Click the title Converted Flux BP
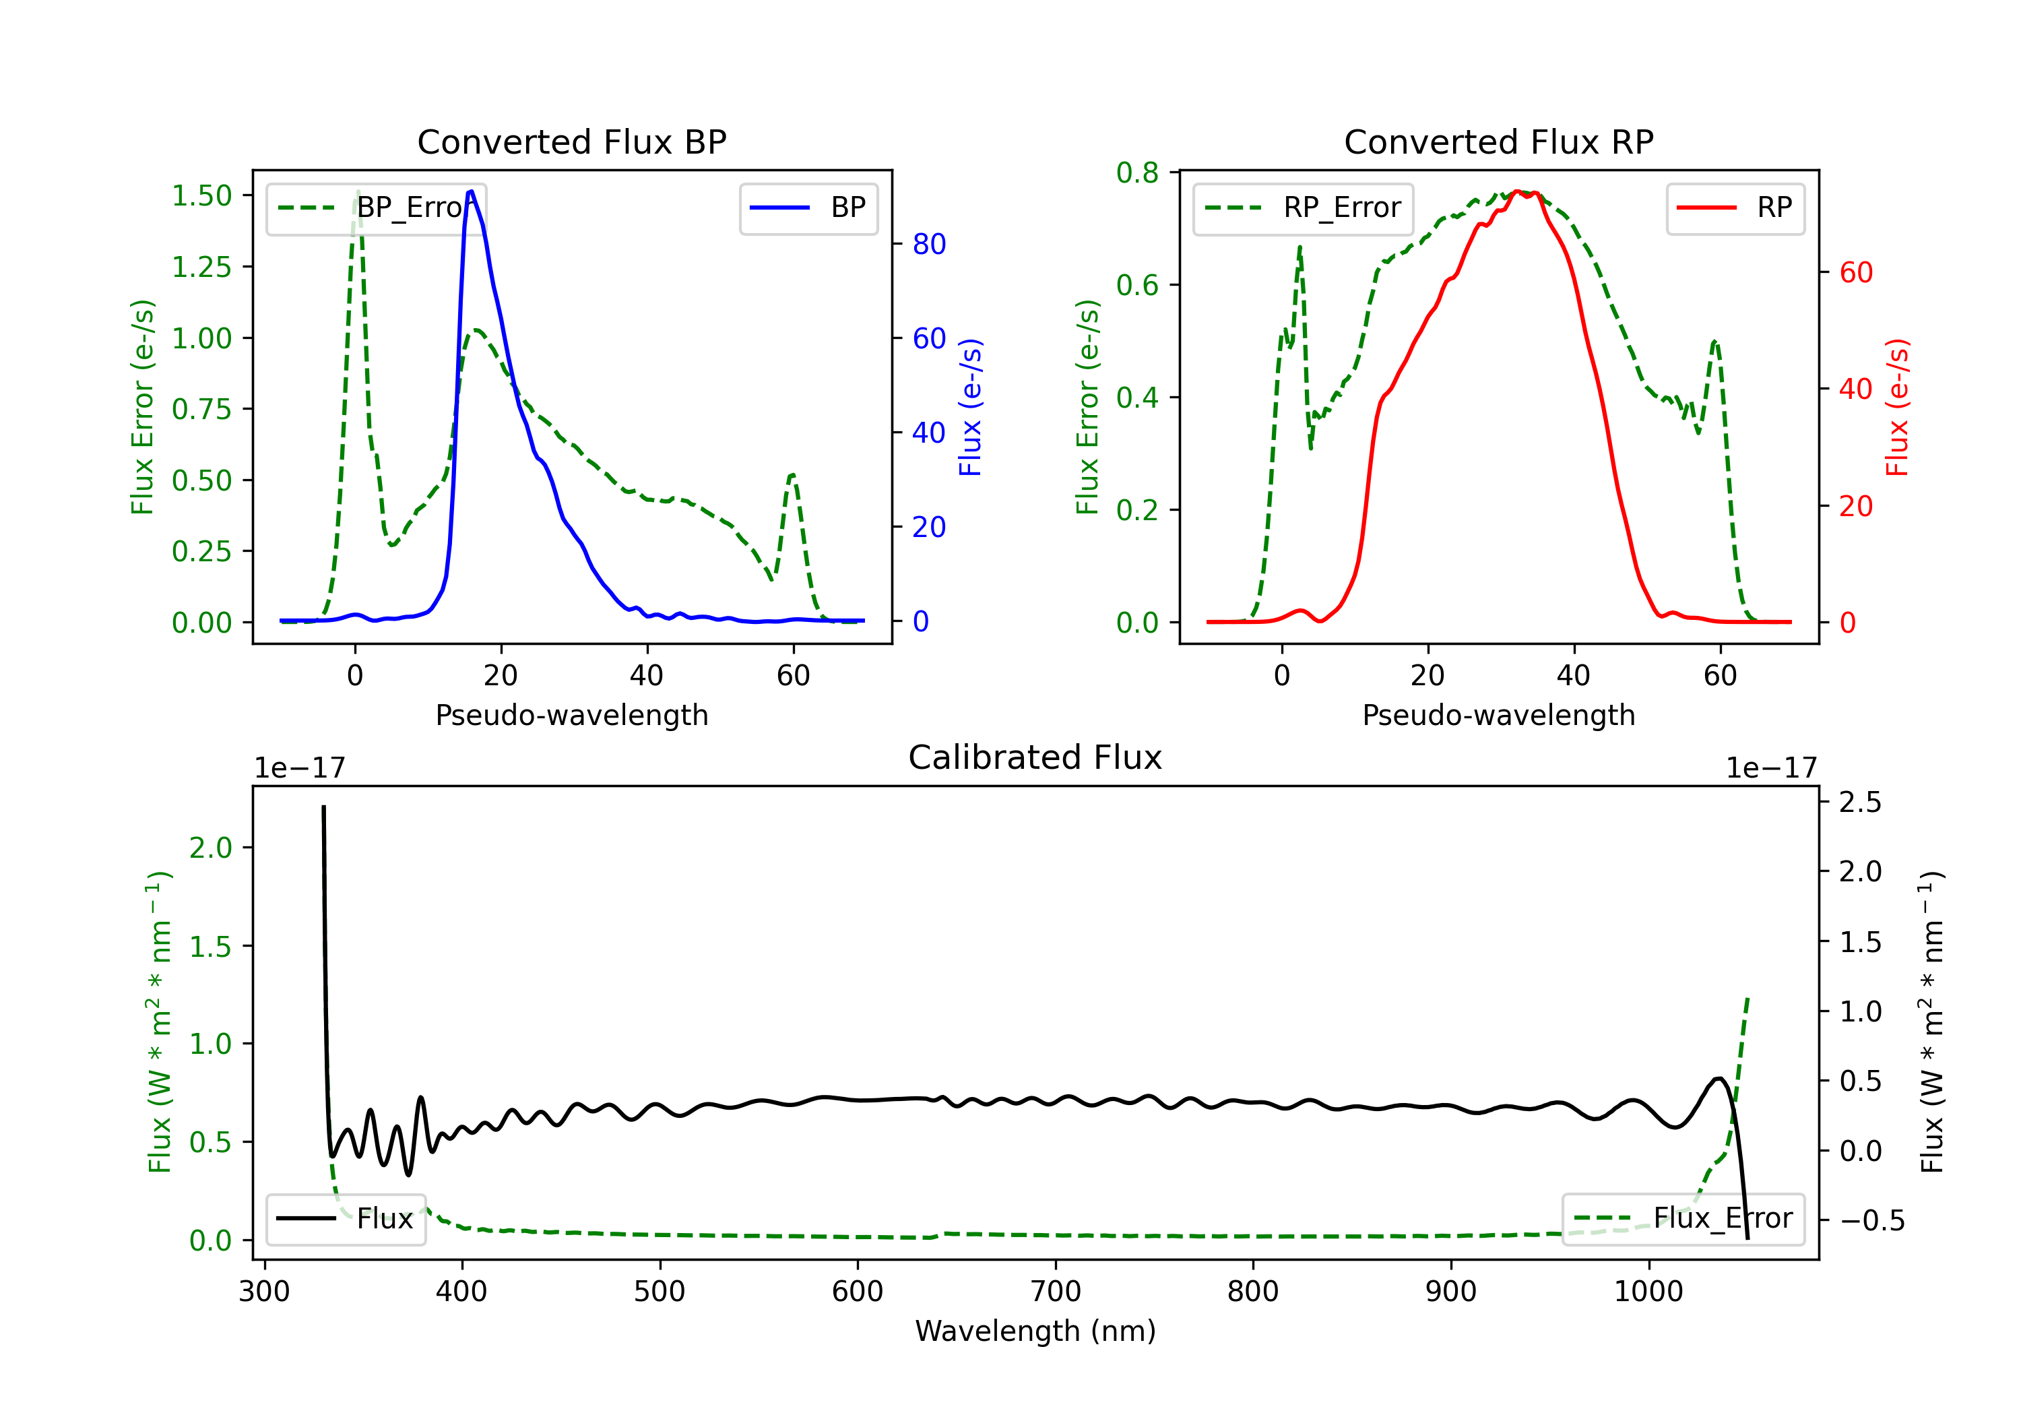[x=571, y=141]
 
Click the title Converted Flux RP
[x=1498, y=141]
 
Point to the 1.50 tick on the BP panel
[x=201, y=195]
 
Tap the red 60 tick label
[x=1855, y=273]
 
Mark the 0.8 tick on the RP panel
[x=1137, y=173]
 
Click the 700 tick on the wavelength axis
[x=1056, y=1292]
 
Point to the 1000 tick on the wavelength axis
[x=1648, y=1292]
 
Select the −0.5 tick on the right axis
[x=1871, y=1220]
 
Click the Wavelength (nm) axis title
[x=1035, y=1331]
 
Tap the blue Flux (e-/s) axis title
[x=970, y=408]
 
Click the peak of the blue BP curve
[x=471, y=191]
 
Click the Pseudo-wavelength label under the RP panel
[x=1498, y=715]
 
